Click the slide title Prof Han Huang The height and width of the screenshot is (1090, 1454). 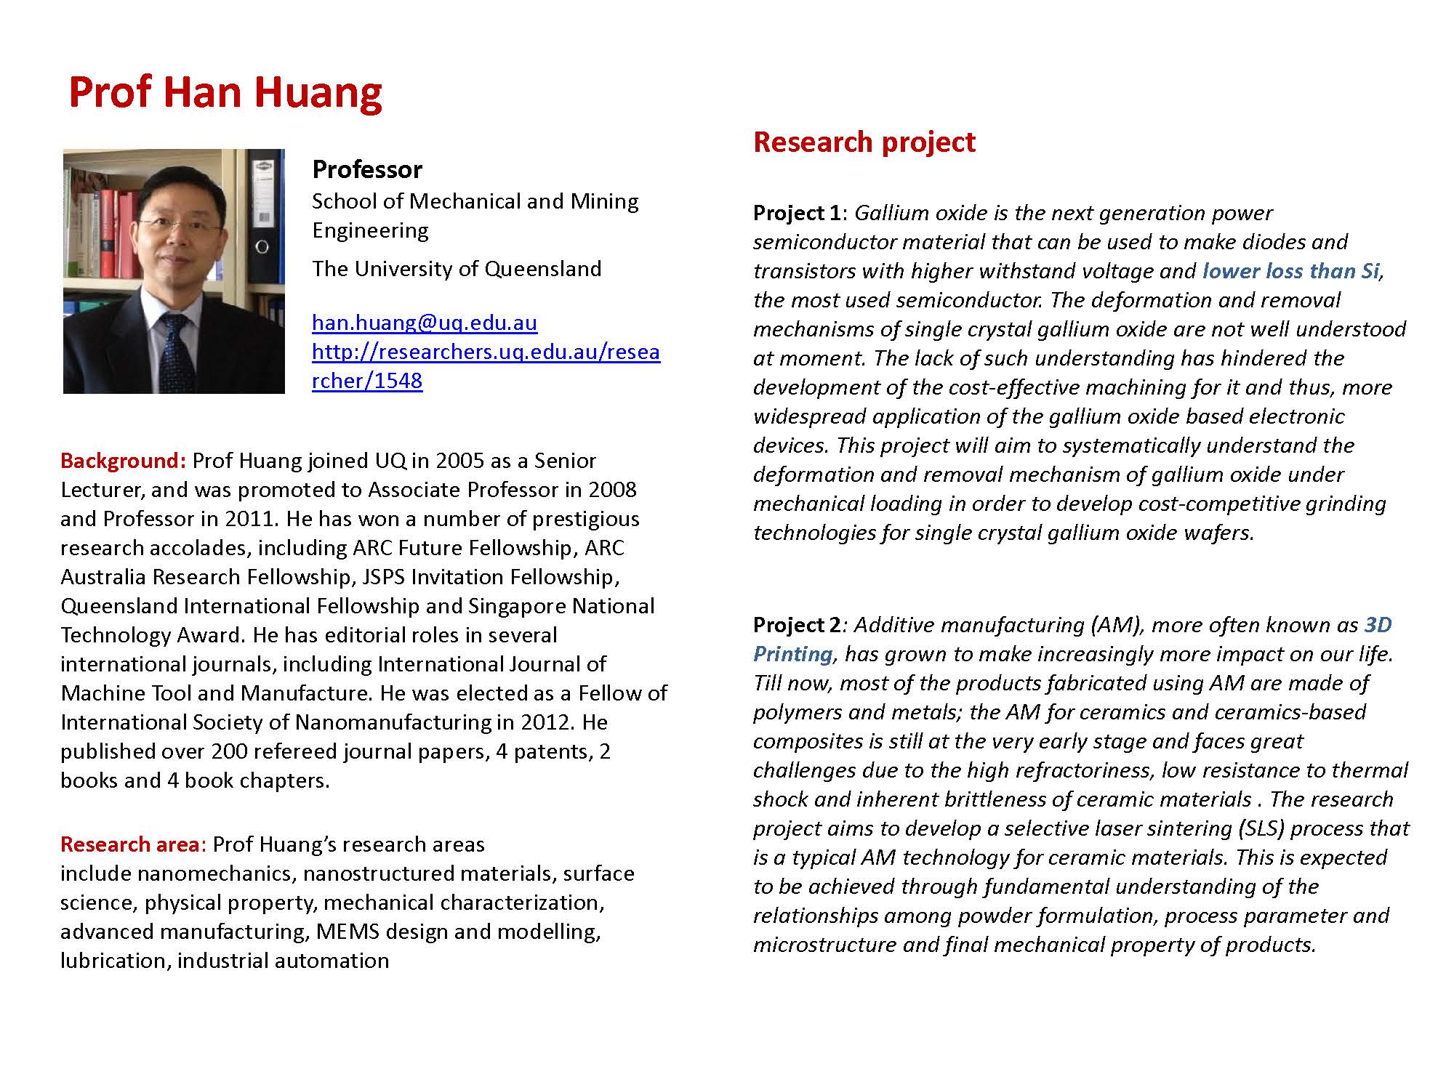pos(225,92)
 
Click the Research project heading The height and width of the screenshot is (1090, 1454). pos(864,142)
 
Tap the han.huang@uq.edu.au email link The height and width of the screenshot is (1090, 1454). pos(425,322)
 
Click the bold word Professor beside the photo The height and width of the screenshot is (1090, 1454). pos(367,169)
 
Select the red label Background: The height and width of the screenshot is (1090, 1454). pos(124,461)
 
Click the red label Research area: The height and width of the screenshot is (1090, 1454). pos(134,844)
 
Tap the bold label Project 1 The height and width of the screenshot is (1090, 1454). pos(797,213)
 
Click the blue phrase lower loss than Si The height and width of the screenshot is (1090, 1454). pos(1290,271)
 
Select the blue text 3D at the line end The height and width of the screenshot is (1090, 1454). pos(1378,625)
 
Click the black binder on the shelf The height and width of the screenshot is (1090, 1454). pos(262,218)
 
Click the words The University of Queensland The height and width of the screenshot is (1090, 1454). pos(457,269)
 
